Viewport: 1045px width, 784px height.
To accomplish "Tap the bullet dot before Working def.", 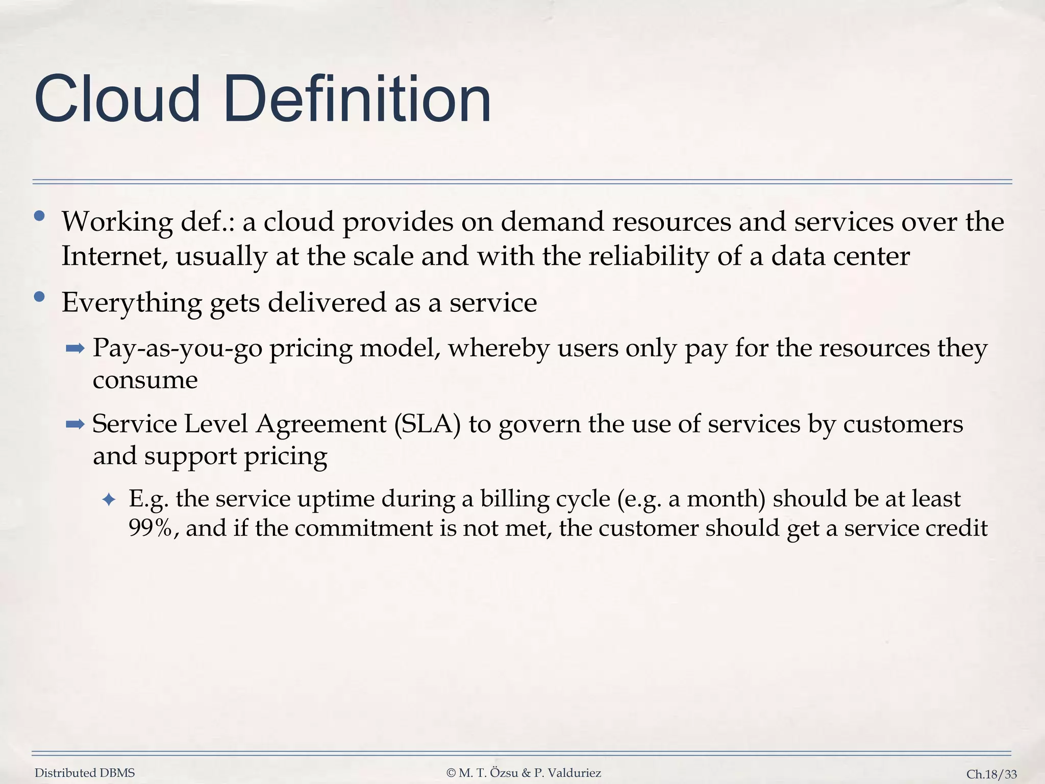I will (39, 216).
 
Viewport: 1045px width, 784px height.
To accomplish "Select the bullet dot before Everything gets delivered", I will (39, 297).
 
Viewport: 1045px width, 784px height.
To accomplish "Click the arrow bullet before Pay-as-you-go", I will (75, 349).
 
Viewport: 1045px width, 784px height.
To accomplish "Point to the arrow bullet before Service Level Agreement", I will (75, 424).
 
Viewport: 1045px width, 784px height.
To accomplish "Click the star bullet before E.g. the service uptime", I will (109, 500).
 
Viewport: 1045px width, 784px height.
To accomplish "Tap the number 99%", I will (150, 528).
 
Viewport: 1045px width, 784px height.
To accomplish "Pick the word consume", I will (145, 380).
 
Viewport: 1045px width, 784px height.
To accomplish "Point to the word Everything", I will (132, 303).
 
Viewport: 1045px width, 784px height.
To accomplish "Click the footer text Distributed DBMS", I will (85, 773).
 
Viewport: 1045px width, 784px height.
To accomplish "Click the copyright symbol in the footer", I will (451, 773).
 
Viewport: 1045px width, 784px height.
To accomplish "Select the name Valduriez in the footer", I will (576, 773).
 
